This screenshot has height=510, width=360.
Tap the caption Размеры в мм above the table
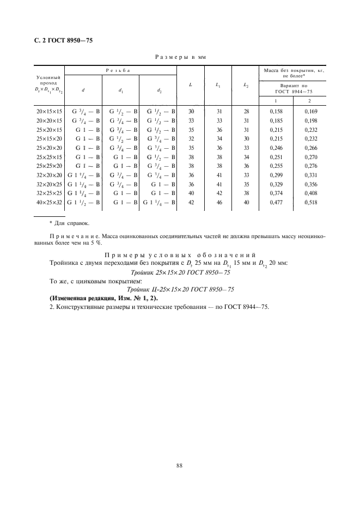(180, 56)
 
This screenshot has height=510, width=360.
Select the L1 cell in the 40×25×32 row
(219, 203)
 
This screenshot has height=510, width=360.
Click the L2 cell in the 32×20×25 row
(246, 184)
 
